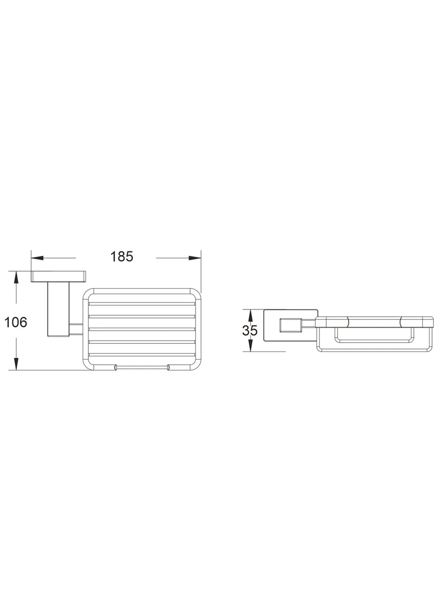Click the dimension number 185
pyautogui.click(x=121, y=256)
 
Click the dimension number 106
pyautogui.click(x=16, y=322)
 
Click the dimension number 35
pyautogui.click(x=250, y=330)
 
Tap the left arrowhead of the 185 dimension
pyautogui.click(x=37, y=258)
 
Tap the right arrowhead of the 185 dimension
pyautogui.click(x=195, y=258)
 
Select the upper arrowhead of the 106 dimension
pyautogui.click(x=16, y=277)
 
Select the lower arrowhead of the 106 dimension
pyautogui.click(x=16, y=364)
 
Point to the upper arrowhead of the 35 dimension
pyautogui.click(x=250, y=315)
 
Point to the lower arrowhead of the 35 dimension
pyautogui.click(x=250, y=345)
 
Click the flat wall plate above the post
pyautogui.click(x=58, y=277)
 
